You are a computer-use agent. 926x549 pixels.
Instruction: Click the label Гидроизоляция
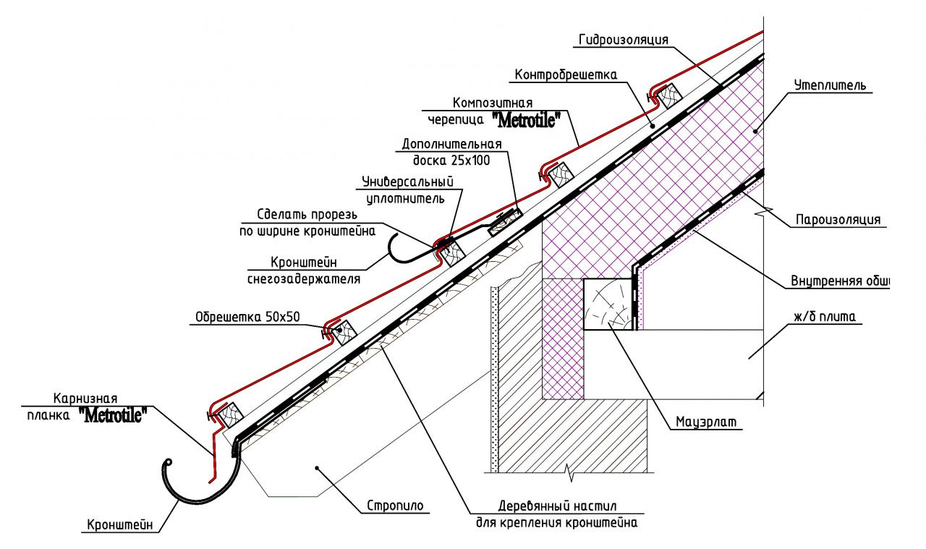[x=624, y=40]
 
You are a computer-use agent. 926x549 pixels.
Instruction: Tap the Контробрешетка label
[x=566, y=75]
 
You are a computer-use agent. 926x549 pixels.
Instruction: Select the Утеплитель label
[x=830, y=85]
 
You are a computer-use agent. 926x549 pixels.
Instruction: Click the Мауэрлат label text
[x=706, y=422]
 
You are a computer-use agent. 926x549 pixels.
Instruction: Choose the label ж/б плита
[x=824, y=317]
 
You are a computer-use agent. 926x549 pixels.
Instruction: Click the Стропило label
[x=395, y=506]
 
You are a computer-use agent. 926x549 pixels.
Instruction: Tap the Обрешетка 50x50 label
[x=247, y=317]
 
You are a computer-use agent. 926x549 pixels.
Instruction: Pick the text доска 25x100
[x=451, y=161]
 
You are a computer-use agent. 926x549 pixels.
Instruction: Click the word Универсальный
[x=407, y=182]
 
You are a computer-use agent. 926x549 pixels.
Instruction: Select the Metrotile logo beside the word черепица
[x=525, y=120]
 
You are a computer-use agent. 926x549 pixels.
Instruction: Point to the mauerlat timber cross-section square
[x=608, y=305]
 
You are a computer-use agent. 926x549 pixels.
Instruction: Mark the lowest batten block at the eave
[x=230, y=415]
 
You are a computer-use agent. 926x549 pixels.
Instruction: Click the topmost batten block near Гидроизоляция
[x=668, y=96]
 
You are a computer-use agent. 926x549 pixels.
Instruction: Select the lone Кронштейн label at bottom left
[x=120, y=525]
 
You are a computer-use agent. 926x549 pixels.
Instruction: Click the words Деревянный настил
[x=557, y=506]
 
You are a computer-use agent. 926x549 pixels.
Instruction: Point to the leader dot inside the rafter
[x=317, y=467]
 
